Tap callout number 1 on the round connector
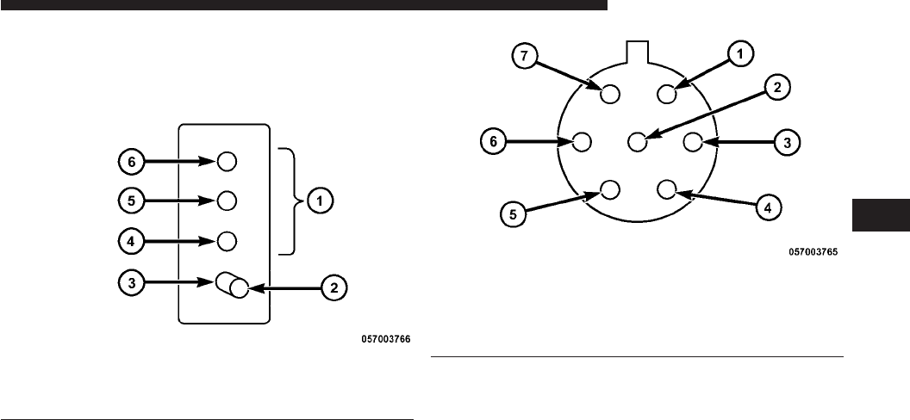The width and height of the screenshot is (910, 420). pos(739,53)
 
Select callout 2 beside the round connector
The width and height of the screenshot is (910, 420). pos(776,88)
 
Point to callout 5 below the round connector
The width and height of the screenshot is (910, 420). pos(512,213)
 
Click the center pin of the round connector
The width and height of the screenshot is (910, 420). pos(638,140)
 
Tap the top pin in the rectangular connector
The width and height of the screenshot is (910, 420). pos(227,161)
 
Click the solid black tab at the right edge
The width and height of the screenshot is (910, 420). pos(880,215)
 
